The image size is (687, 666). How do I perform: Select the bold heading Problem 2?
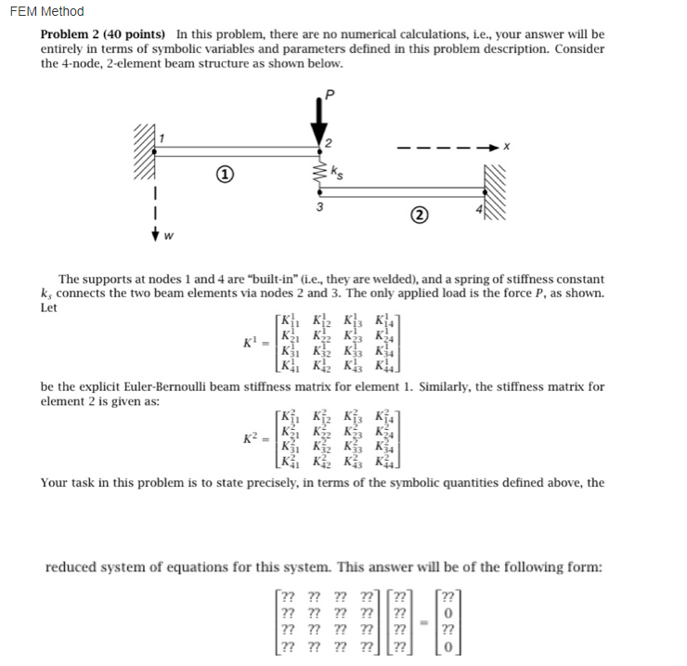[74, 34]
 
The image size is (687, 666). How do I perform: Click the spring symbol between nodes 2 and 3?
[318, 172]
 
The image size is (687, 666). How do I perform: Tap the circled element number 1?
[223, 175]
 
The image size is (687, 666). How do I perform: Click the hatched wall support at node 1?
[149, 153]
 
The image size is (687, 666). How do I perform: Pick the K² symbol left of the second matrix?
[250, 437]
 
